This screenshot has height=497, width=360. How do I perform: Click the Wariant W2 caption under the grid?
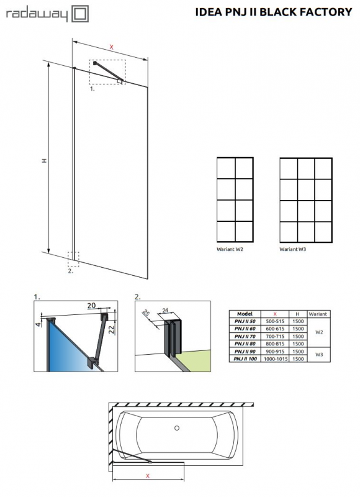click(x=230, y=249)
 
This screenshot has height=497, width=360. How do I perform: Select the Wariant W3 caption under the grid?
click(x=293, y=249)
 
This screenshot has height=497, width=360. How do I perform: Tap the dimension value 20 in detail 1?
click(x=91, y=306)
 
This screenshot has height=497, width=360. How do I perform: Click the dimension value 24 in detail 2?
click(x=165, y=309)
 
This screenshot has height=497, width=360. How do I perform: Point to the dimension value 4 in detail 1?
click(x=38, y=324)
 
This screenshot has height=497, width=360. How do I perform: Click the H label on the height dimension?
click(x=44, y=160)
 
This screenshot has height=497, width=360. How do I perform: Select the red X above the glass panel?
click(x=111, y=47)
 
